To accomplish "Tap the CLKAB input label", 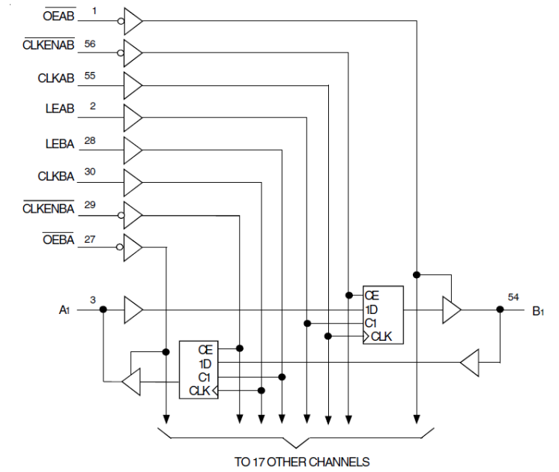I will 55,78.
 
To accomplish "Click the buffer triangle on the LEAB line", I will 133,116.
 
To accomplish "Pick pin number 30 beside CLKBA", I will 91,172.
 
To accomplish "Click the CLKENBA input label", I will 49,209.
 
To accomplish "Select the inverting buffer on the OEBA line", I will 132,246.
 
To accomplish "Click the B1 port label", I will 537,310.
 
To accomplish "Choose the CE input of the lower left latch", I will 205,349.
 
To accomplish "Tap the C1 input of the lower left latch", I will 204,377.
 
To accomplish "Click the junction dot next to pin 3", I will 103,309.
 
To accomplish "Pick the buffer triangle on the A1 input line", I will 133,309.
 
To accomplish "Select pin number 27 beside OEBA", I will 91,239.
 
